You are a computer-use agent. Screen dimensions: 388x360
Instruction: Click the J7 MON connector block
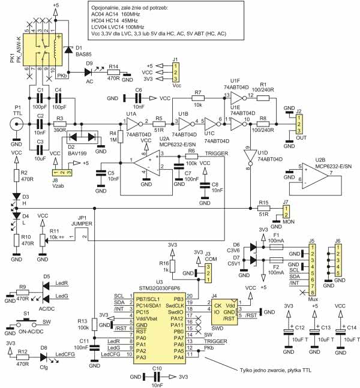pos(286,210)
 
